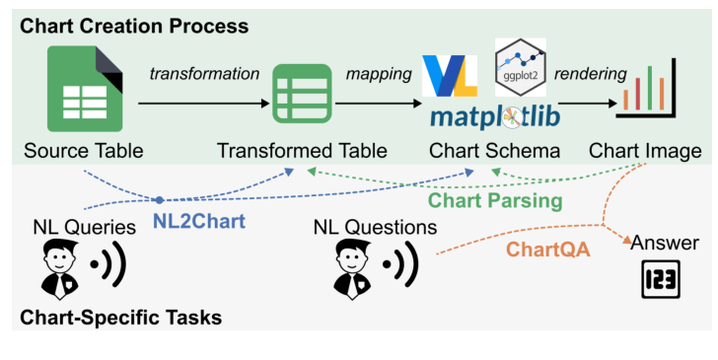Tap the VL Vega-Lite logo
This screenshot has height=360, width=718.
point(450,77)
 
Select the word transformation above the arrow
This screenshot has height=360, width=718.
point(204,74)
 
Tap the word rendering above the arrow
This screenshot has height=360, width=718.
point(590,74)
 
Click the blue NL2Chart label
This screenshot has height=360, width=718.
point(198,222)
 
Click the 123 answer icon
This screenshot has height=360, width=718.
point(661,280)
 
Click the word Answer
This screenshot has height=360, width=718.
point(665,244)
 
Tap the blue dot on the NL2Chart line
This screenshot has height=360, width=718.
point(159,199)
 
